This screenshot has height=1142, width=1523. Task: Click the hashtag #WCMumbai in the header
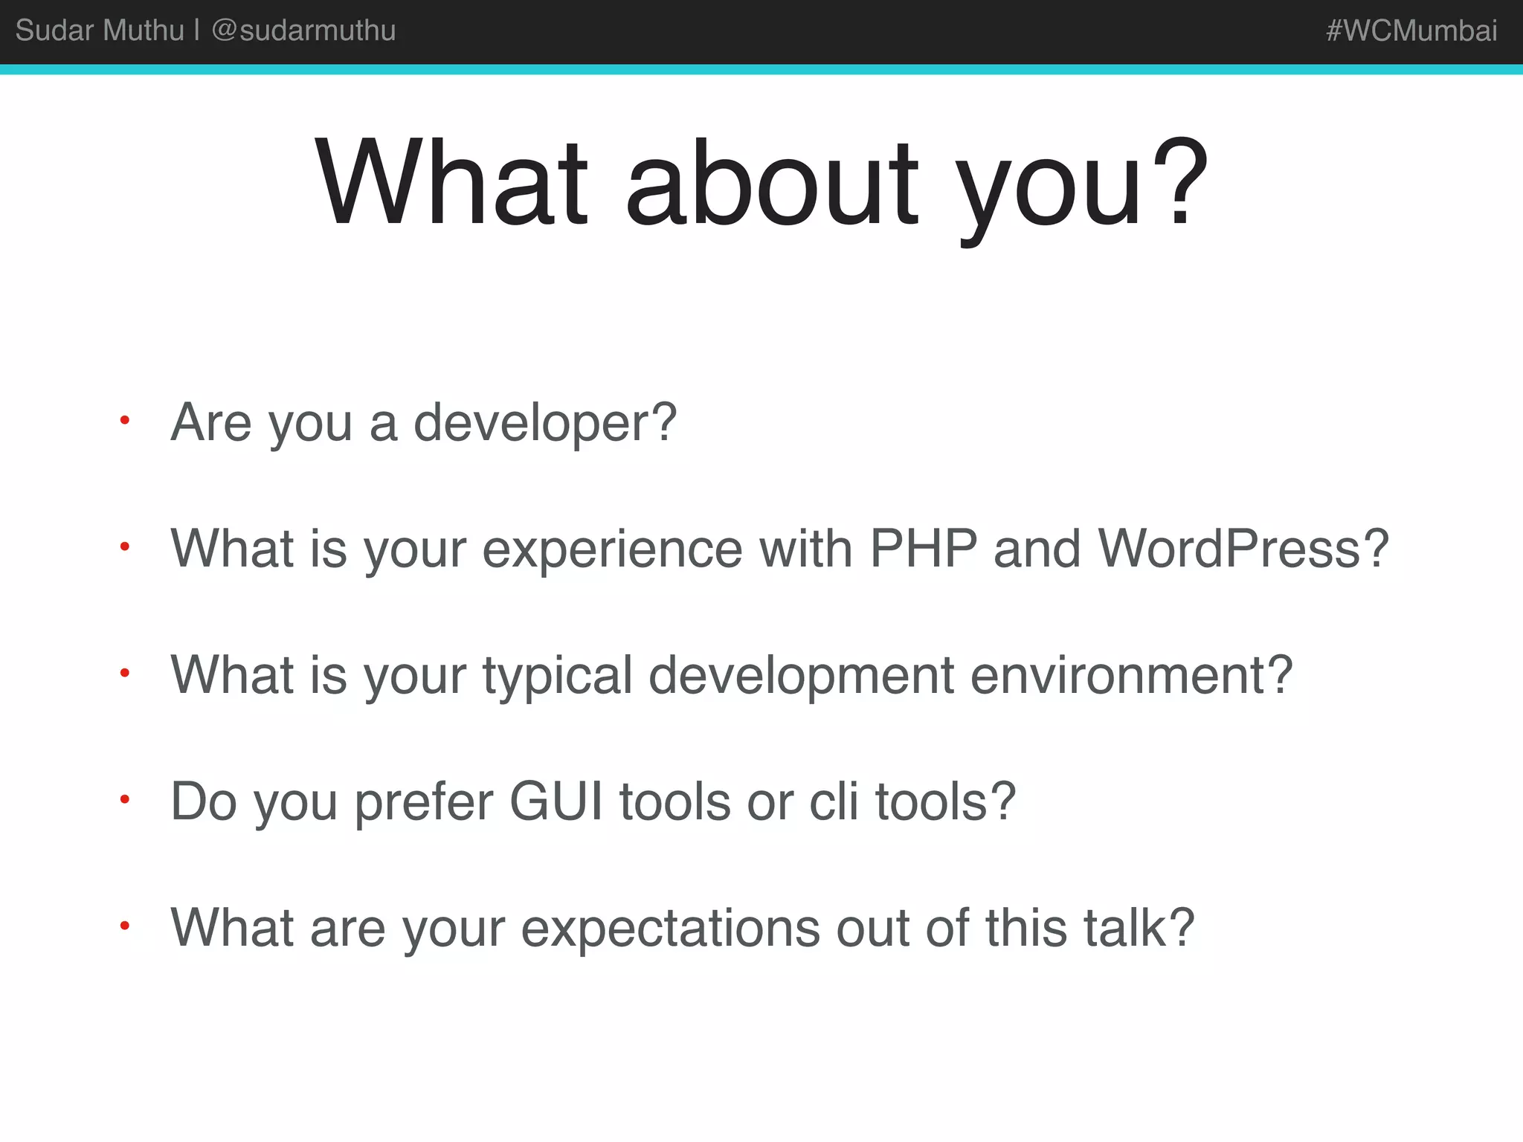[1411, 30]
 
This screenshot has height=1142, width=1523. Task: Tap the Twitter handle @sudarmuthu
[303, 30]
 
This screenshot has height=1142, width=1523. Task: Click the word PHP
[923, 549]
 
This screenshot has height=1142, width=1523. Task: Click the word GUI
[556, 801]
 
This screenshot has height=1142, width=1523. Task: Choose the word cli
[834, 801]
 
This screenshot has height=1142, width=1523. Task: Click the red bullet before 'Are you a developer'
[125, 421]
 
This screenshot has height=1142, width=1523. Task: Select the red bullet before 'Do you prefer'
[125, 800]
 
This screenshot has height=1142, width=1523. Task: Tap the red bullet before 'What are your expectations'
[125, 926]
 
